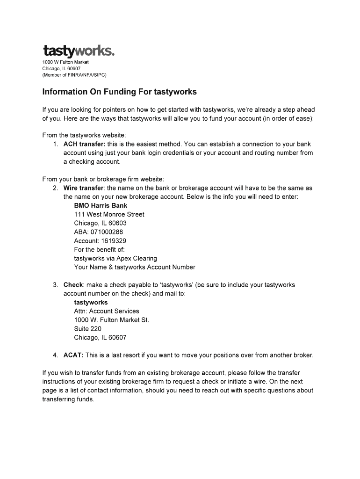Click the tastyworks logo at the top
coord(78,51)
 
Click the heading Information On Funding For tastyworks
coord(119,92)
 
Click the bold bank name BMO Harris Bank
coord(101,205)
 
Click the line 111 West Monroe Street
coord(109,214)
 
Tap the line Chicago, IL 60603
coord(100,223)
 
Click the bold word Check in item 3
coord(73,285)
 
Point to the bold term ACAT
coord(73,355)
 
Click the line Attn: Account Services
coord(106,311)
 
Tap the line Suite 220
coord(87,329)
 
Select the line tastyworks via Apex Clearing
coord(115,258)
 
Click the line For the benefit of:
coord(99,250)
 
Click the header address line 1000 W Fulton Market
coord(65,62)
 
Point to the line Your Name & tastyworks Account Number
coord(134,267)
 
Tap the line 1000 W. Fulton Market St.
coord(111,320)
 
